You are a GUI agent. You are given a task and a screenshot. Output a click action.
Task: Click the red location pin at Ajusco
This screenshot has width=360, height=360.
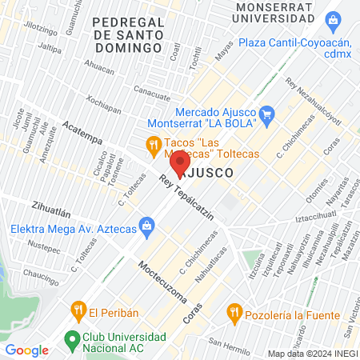(x=180, y=150)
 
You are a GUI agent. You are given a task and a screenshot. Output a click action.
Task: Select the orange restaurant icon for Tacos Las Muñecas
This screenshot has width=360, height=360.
(x=152, y=145)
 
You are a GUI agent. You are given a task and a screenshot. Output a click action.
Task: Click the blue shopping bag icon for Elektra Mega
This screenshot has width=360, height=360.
(x=146, y=226)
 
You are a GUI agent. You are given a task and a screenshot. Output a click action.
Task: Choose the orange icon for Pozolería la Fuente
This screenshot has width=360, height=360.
(x=234, y=310)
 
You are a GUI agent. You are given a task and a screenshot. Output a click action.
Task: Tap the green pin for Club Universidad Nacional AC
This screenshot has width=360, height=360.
(x=72, y=339)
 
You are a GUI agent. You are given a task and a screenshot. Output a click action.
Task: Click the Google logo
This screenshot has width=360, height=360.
(x=26, y=350)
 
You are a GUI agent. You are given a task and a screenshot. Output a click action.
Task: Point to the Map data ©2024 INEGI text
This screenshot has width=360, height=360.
(x=311, y=354)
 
